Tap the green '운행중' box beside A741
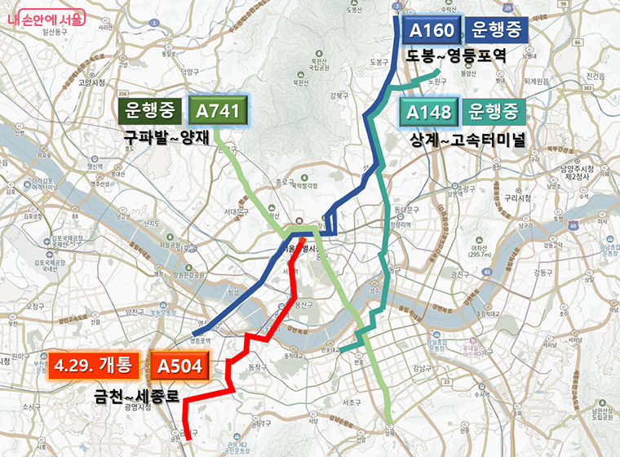click(153, 111)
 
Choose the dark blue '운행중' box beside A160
click(498, 31)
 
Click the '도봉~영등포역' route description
click(457, 56)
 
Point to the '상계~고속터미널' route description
click(467, 139)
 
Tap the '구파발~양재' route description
click(167, 138)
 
